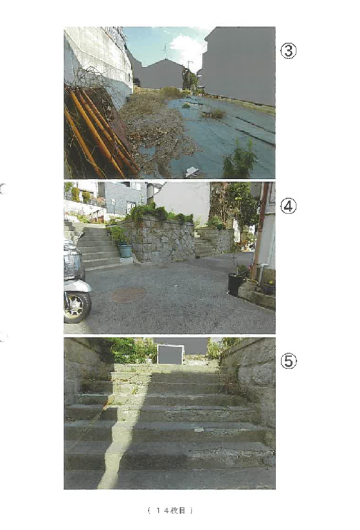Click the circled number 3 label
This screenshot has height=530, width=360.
click(x=288, y=51)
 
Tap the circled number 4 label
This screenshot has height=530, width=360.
click(x=288, y=206)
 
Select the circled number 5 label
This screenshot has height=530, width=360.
click(x=288, y=361)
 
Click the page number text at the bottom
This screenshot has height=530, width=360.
click(x=170, y=511)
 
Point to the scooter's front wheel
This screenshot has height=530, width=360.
click(x=78, y=307)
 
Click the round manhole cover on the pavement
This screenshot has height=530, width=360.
click(x=129, y=295)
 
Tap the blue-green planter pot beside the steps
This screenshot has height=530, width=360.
click(x=125, y=251)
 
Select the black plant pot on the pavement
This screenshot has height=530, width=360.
click(x=236, y=284)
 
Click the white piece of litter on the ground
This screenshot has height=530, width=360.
click(x=191, y=172)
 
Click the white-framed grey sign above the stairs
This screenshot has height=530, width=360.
click(x=170, y=354)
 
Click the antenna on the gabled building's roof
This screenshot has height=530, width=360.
click(x=165, y=51)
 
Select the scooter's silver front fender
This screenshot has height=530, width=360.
click(x=77, y=286)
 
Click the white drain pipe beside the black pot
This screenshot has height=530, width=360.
click(x=261, y=274)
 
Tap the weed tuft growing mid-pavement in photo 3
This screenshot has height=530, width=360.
click(x=213, y=113)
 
